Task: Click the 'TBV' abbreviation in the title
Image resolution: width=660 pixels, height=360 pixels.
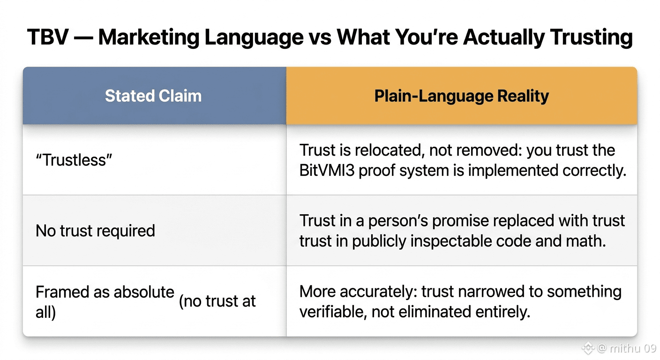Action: click(x=48, y=37)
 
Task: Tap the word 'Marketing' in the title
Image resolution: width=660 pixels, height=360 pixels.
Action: click(x=149, y=38)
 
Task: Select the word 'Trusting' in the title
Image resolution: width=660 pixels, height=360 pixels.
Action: click(x=592, y=38)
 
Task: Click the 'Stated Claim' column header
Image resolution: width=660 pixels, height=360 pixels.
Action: click(x=153, y=96)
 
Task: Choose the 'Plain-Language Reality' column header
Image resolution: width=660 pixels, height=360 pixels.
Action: click(x=461, y=96)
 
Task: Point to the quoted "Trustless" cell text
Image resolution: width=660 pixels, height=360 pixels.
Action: click(x=74, y=160)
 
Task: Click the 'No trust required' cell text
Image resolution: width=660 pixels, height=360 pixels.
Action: click(x=95, y=230)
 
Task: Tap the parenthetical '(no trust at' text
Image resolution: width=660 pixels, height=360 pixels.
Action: click(x=217, y=301)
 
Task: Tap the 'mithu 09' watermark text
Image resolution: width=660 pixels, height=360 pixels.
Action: click(x=633, y=348)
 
